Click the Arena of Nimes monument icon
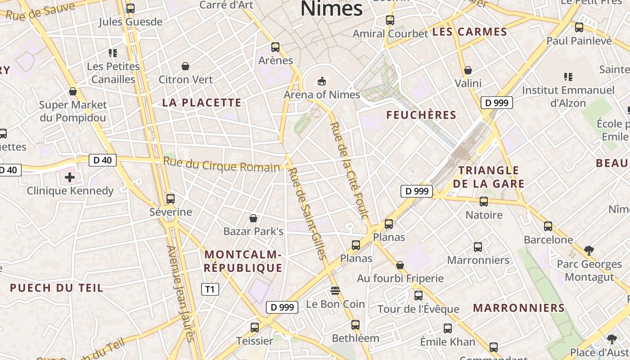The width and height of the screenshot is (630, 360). coord(321,81)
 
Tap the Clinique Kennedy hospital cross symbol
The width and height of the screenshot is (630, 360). coord(70,177)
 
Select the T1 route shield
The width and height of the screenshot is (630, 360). coord(210,289)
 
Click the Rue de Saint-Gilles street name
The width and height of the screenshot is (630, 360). coord(307,214)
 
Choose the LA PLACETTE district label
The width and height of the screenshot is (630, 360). coord(202,103)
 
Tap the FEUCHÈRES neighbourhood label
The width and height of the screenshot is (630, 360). coord(421,115)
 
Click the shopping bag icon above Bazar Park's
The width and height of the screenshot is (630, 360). coord(253,218)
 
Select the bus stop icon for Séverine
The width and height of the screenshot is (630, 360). coord(171,198)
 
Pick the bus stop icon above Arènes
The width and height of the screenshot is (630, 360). coord(275,47)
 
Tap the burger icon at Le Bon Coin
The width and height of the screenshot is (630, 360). coord(335,291)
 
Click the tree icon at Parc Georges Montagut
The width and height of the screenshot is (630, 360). coord(588,250)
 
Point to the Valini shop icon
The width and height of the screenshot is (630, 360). coord(468,70)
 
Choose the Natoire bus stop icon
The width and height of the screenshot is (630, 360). coord(484,202)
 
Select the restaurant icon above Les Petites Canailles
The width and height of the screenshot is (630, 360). coord(113,53)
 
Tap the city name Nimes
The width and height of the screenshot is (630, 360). coord(331,9)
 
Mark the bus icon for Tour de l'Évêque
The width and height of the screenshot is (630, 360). coord(418,296)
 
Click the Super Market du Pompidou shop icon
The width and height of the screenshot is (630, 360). coord(73,92)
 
